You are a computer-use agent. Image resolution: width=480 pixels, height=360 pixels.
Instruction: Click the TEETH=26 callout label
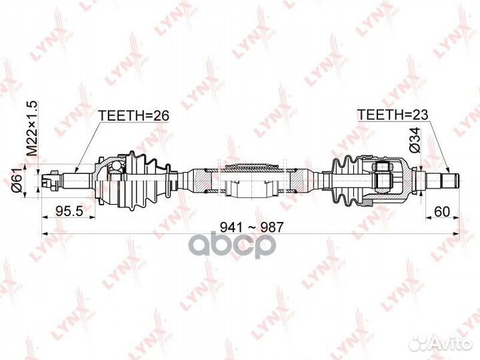[133, 116]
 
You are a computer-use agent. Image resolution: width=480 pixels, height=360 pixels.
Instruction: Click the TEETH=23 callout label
[393, 115]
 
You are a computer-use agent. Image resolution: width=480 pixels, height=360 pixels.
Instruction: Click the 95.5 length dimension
[69, 211]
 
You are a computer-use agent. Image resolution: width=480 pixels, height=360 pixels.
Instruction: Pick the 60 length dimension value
[441, 211]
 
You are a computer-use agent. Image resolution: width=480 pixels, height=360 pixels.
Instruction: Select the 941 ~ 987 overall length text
[252, 227]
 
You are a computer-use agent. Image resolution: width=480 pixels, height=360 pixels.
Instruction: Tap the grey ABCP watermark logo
[233, 245]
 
